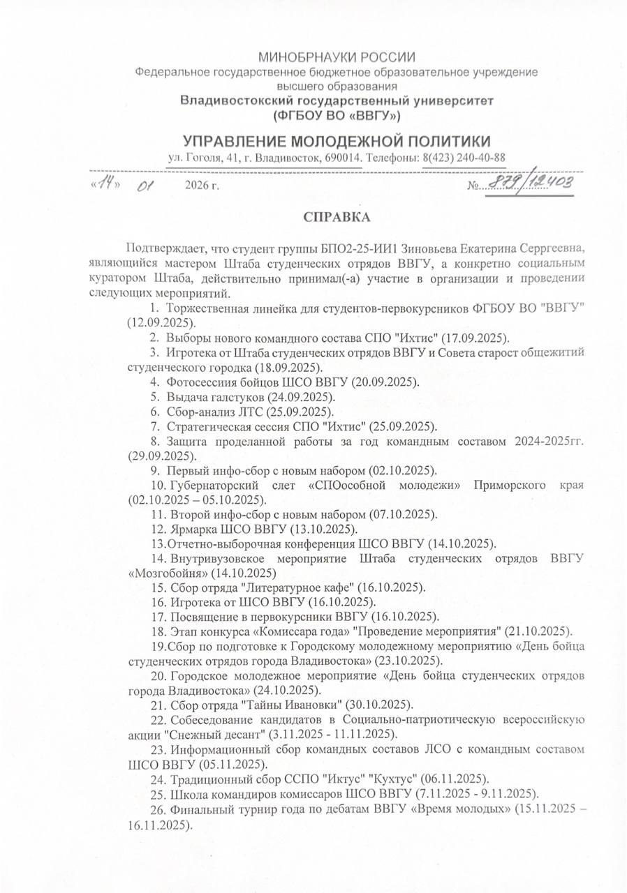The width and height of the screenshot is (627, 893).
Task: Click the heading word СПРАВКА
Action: [x=337, y=218]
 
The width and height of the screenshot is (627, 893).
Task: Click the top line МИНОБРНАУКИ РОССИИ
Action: [x=337, y=57]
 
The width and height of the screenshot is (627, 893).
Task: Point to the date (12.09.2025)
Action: [x=161, y=322]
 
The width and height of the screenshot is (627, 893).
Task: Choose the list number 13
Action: [x=156, y=543]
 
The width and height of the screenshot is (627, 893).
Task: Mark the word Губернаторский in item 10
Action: [x=212, y=485]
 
